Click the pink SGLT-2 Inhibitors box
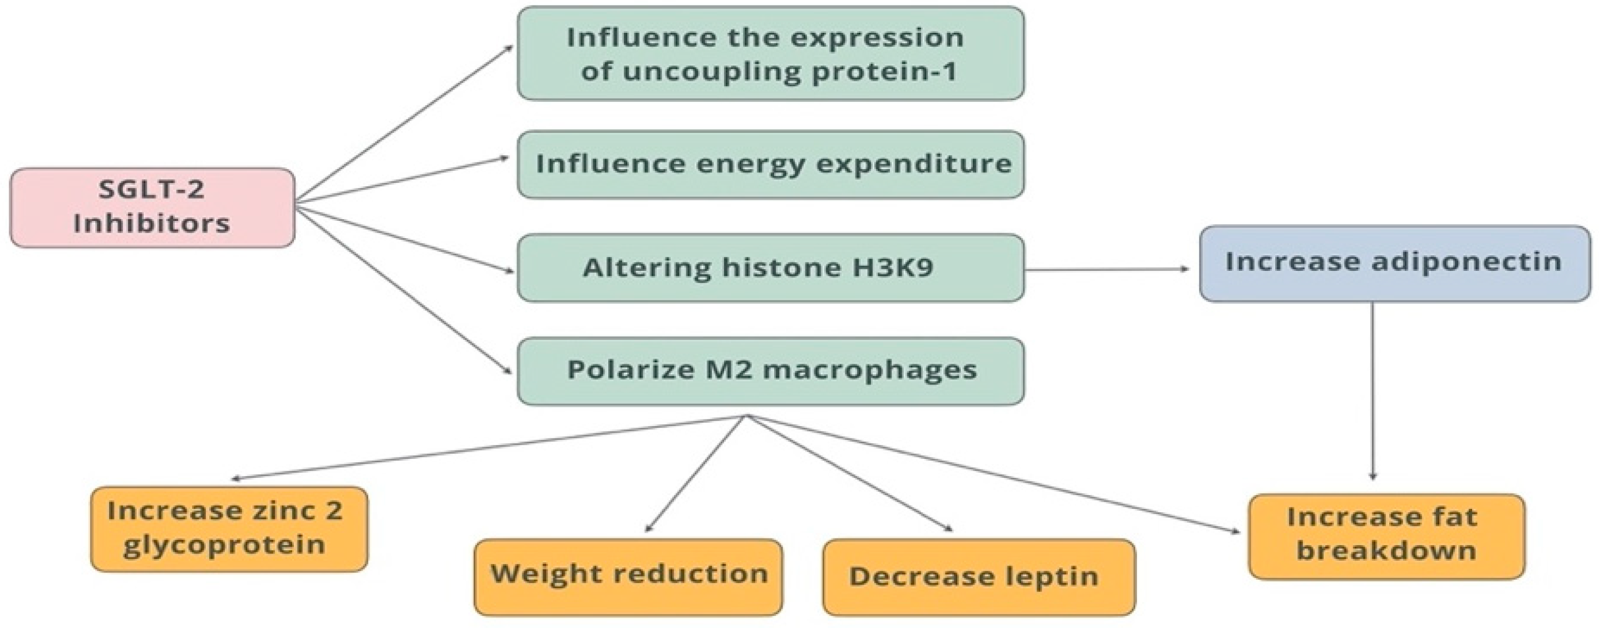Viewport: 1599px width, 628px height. pos(152,207)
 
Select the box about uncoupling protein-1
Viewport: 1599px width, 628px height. pos(770,53)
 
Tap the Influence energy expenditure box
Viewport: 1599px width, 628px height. pos(770,165)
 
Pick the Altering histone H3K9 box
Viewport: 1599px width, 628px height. pos(770,268)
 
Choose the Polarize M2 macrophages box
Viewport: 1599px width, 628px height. pos(770,371)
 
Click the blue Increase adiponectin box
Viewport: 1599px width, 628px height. pos(1394,263)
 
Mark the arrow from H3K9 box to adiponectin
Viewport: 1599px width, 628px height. pos(1105,269)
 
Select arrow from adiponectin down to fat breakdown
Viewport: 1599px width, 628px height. pos(1372,391)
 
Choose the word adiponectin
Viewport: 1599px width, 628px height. pos(1466,261)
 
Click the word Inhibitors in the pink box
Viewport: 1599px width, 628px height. pos(151,224)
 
